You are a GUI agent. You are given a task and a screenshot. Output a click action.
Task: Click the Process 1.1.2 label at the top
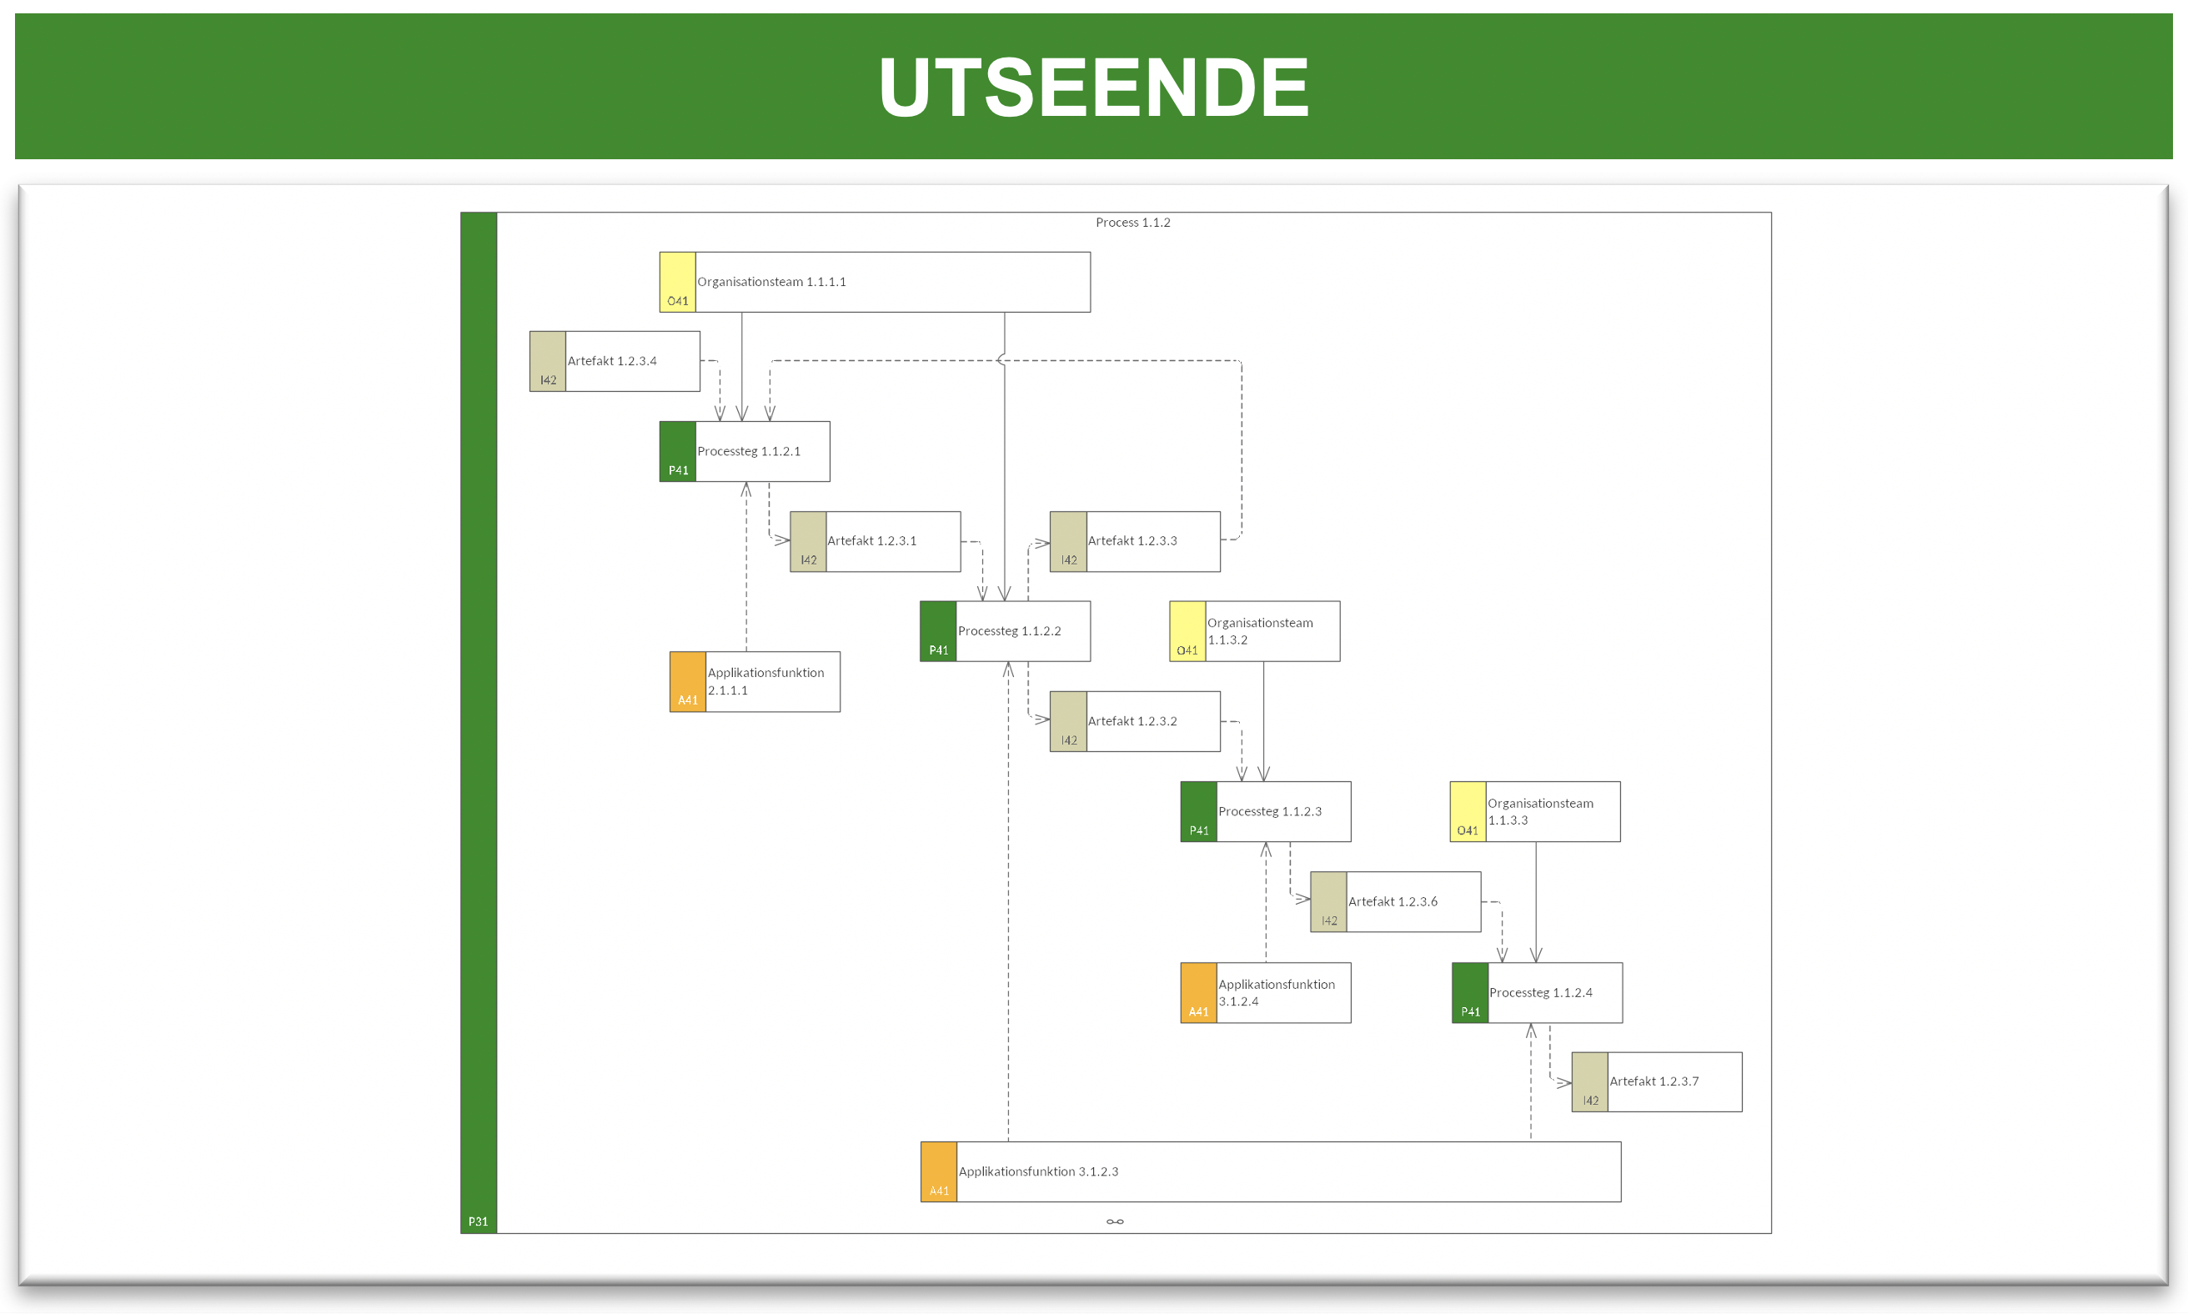(1132, 223)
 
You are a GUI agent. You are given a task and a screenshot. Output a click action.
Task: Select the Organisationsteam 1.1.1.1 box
(875, 282)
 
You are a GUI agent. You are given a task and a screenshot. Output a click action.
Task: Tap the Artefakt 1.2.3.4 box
(615, 361)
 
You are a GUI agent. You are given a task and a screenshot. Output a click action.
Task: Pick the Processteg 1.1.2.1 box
(745, 452)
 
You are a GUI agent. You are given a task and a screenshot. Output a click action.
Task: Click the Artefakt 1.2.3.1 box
(875, 541)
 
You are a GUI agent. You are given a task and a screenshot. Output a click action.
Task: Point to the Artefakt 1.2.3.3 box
(1135, 541)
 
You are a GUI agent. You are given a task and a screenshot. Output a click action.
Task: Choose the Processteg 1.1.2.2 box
(1005, 631)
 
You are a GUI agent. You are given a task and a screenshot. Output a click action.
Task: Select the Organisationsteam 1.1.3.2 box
(1255, 631)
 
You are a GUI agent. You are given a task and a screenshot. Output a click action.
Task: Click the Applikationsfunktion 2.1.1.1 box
(755, 682)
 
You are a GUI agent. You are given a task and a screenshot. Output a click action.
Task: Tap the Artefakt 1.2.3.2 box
(1135, 722)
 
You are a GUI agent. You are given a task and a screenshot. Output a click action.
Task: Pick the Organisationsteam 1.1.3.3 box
(1535, 812)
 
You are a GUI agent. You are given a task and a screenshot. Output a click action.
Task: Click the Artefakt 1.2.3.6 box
(1396, 902)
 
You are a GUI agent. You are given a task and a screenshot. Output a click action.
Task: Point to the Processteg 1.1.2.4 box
(1537, 992)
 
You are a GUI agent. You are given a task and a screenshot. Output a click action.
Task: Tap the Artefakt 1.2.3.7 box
(1657, 1082)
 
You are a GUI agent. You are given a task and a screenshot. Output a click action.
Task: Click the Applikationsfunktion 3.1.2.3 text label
(1039, 1171)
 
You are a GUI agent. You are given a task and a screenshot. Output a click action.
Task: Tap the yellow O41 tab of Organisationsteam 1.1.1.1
(677, 282)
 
